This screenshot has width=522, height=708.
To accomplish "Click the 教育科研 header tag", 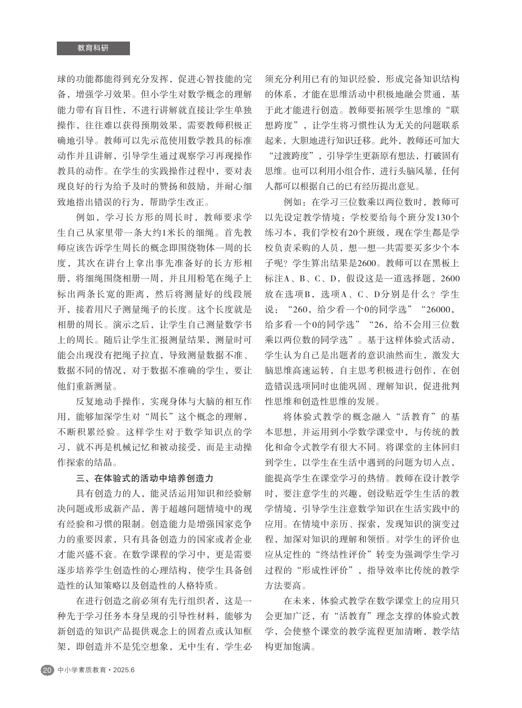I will pos(93,48).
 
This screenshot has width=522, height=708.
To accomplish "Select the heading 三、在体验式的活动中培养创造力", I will pos(145,479).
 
